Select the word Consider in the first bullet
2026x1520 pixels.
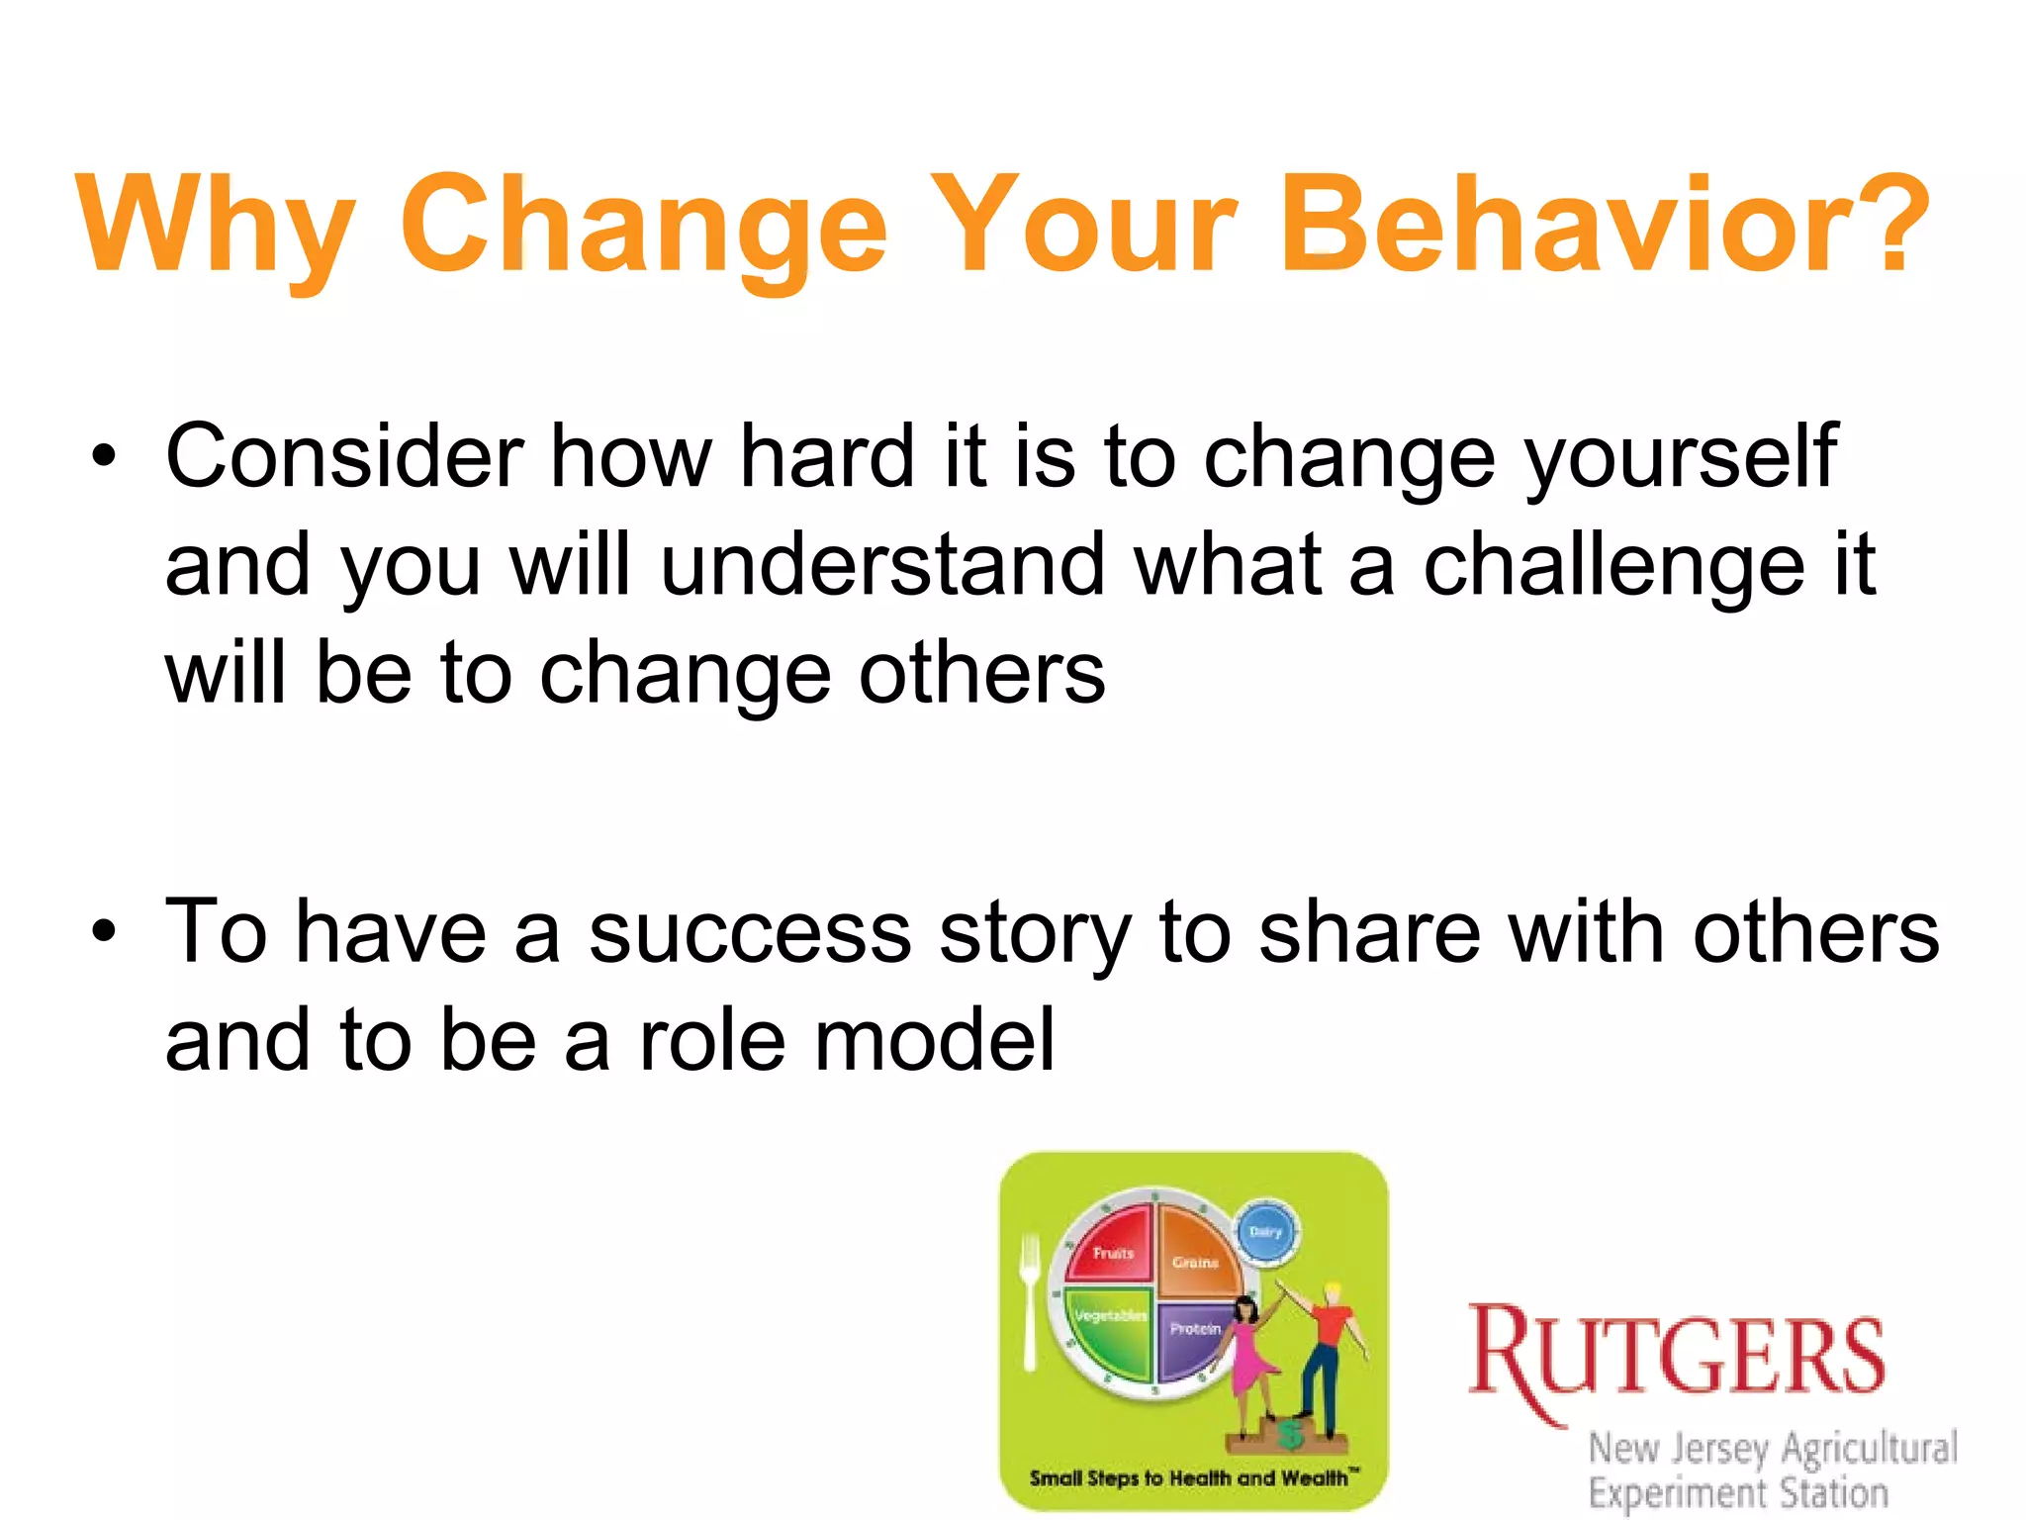point(344,456)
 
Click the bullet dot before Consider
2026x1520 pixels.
point(103,457)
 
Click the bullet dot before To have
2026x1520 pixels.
point(103,932)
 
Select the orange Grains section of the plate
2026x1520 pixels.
point(1197,1252)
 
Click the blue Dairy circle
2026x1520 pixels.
point(1266,1232)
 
